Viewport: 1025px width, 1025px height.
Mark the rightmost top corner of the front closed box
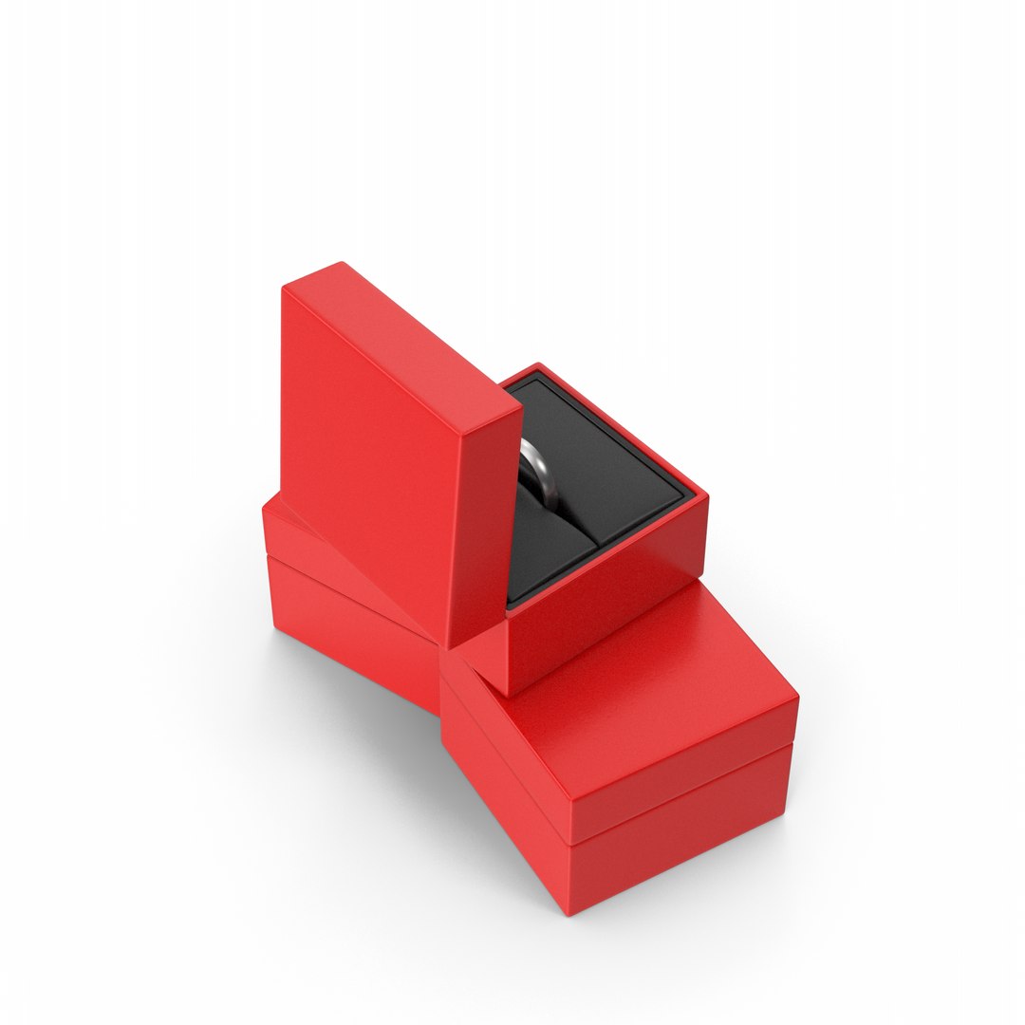coord(795,699)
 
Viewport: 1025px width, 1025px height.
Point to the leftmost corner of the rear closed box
coord(265,517)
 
